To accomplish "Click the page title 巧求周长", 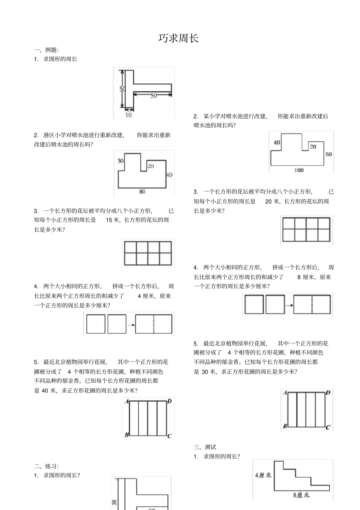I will point(178,38).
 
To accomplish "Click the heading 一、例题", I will point(46,50).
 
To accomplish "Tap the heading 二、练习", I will point(46,466).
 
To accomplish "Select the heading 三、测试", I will point(205,447).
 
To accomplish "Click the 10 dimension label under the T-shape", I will point(129,115).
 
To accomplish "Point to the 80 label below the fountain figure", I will point(142,192).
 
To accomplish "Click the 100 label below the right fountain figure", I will point(299,170).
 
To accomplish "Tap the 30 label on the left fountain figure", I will point(121,161).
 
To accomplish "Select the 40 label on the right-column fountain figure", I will point(277,143).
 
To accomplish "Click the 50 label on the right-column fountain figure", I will point(329,154).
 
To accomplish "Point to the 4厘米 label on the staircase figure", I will point(263,475).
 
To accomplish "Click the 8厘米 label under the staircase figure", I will point(301,495).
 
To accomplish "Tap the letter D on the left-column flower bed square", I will point(169,401).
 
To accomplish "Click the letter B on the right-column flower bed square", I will point(285,427).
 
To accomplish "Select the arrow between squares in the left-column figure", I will point(131,325).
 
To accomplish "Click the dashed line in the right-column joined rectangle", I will point(312,304).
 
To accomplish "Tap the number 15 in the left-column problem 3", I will point(109,220).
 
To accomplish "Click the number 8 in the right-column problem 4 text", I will point(299,277).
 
